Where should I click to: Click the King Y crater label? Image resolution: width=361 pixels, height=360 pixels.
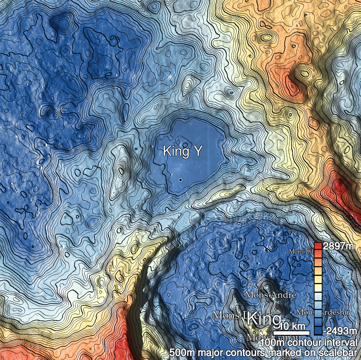182,151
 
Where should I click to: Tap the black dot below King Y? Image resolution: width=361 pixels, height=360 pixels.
180,179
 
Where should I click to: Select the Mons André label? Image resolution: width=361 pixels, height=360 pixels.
270,295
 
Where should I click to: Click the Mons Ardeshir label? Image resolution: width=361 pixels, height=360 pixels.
322,312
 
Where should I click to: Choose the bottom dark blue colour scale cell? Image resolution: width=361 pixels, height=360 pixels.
318,331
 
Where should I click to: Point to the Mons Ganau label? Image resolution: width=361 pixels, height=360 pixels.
273,338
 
